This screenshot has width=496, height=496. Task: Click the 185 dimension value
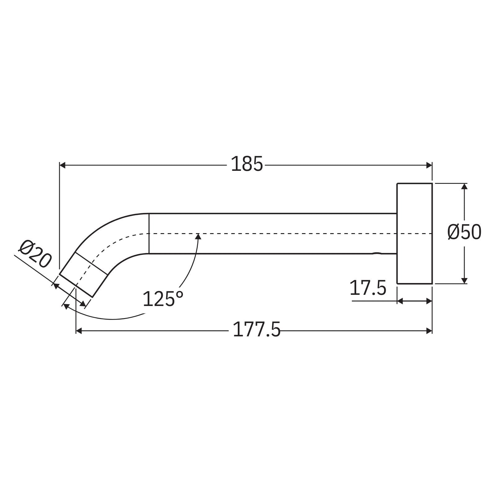(x=247, y=164)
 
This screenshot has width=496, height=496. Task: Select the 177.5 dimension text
(x=256, y=330)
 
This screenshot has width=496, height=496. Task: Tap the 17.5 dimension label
(x=368, y=288)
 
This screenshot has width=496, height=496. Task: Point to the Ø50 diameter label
(x=464, y=232)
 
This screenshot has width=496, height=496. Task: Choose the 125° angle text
(x=163, y=299)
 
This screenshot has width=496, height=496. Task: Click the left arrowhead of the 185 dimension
(x=62, y=165)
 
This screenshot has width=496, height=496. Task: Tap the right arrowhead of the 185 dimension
(x=429, y=165)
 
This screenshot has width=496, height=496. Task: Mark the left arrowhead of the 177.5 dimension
(x=79, y=331)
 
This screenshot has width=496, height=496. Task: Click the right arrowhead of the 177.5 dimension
(x=429, y=331)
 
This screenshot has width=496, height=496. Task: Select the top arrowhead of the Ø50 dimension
(x=464, y=186)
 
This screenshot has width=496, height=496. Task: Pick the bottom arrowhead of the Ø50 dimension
(x=464, y=281)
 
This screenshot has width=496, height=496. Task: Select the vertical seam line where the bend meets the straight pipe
(x=149, y=233)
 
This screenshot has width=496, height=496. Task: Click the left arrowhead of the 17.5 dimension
(x=400, y=301)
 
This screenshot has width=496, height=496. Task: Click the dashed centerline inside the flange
(x=414, y=233)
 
